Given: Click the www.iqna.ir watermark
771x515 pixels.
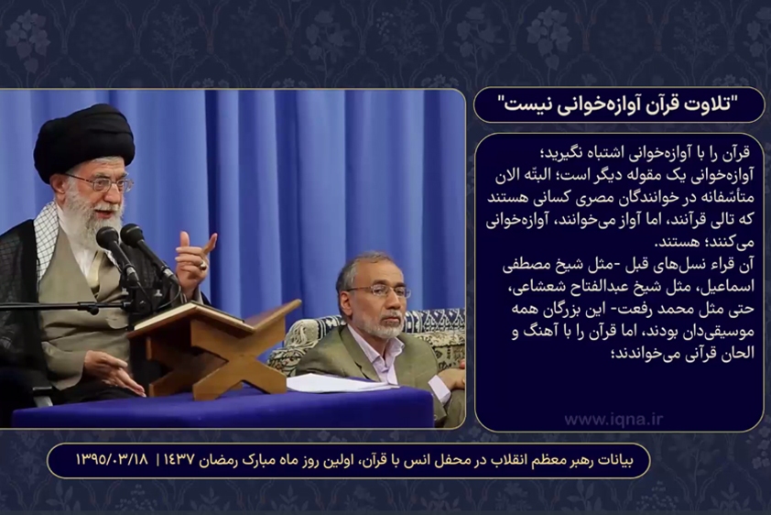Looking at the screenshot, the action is pos(614,420).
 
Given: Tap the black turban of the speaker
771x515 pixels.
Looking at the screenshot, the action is pos(83,140).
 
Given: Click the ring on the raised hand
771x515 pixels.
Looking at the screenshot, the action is pos(202,265).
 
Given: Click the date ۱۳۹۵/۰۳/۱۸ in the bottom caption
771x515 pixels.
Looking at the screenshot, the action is pos(112,460).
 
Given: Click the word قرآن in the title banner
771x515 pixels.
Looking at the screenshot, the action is pos(657,104).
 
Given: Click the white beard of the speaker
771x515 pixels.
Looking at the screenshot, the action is pos(93,222).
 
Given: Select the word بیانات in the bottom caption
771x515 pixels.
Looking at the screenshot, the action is pos(615,461).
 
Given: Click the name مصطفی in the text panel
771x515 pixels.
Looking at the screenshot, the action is pos(526,266).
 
